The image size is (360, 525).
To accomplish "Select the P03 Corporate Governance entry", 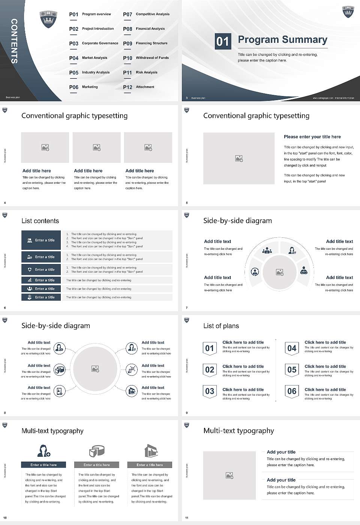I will (94, 43).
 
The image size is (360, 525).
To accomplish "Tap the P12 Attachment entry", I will (139, 87).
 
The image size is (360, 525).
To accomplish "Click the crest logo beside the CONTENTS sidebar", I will (48, 19).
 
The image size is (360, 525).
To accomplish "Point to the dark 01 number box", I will (222, 41).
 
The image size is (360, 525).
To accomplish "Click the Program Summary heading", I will (282, 40).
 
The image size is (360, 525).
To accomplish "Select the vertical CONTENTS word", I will (14, 41).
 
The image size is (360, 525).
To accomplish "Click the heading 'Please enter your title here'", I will (312, 137).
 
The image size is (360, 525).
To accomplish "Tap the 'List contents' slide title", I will (40, 221).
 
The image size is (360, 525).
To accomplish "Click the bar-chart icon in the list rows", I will (30, 280).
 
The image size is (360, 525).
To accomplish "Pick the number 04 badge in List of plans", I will (292, 348).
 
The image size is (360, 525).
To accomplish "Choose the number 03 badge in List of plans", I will (210, 391).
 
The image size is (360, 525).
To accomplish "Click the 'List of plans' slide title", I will (221, 326).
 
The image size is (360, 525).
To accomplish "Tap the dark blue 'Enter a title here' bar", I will (43, 465).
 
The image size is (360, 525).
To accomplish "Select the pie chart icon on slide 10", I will (97, 451).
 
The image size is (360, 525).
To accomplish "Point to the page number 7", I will (187, 308).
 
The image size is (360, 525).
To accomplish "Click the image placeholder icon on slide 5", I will (239, 159).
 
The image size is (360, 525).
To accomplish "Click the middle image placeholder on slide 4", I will (97, 147).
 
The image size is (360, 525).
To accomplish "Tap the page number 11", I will (187, 518).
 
